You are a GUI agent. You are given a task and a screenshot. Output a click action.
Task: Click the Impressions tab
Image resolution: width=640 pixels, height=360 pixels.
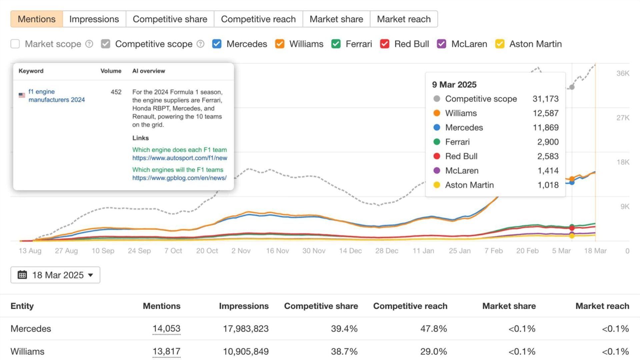point(94,19)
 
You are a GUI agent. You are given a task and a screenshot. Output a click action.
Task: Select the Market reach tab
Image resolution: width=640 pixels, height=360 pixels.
point(403,19)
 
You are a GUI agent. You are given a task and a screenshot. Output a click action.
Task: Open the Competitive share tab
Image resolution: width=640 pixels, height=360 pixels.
point(170,19)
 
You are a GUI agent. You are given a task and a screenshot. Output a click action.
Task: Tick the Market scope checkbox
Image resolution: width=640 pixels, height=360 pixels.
point(15,44)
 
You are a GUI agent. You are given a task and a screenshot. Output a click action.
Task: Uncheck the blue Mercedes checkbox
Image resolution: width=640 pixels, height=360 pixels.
point(217,44)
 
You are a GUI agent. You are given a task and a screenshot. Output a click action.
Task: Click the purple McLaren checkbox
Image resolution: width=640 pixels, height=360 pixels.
point(441,44)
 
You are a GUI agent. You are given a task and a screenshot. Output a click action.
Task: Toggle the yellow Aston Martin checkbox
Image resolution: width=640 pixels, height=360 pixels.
point(499,44)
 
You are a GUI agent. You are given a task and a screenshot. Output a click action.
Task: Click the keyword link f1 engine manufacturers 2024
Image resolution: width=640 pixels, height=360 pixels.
point(56,96)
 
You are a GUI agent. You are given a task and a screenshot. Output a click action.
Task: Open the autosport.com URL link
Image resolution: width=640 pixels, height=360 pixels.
point(179,158)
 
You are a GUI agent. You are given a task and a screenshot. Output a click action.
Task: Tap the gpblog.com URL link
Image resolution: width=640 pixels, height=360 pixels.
point(179,178)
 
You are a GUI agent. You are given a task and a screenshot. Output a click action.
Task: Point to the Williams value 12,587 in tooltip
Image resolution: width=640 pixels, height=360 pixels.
point(545,113)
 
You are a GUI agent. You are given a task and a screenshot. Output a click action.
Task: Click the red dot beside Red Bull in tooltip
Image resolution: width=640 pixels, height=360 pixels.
point(437,156)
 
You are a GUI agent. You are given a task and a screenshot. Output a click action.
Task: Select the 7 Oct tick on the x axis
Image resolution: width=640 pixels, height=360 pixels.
point(173,251)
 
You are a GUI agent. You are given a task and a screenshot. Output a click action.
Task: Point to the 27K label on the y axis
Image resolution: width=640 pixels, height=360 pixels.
point(622,118)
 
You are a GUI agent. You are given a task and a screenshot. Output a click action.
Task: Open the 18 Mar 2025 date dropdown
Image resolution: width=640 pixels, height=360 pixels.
point(55,275)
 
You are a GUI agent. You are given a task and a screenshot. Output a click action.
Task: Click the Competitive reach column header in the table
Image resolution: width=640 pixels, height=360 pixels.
point(410,306)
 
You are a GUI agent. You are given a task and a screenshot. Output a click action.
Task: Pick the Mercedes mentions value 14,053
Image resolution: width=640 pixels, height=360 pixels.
point(166,329)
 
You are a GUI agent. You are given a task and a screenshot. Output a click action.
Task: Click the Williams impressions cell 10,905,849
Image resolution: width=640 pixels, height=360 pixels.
point(246,351)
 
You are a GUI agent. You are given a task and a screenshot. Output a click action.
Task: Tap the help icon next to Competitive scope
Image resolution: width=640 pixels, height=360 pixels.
point(200,44)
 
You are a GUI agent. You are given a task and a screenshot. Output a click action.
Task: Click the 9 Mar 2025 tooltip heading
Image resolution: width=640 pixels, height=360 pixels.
point(454,85)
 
